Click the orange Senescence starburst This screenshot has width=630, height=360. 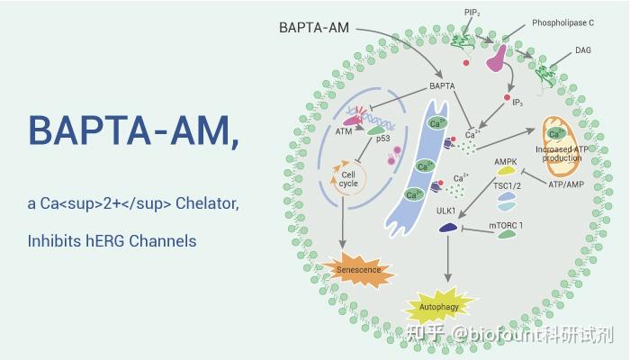357,270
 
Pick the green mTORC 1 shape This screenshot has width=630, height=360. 507,234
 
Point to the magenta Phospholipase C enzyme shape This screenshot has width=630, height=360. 498,56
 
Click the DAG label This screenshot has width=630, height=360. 583,51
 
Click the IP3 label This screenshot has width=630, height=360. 518,103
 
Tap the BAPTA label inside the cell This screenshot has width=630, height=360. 442,86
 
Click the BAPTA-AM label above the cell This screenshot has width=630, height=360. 314,28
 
